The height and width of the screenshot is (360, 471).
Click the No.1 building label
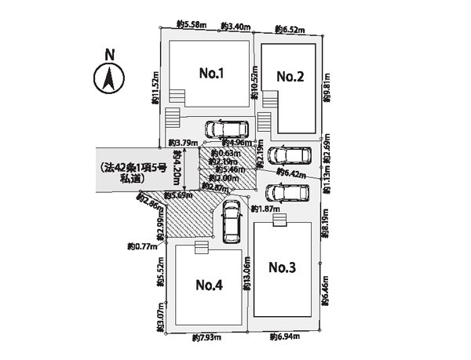pyautogui.click(x=212, y=74)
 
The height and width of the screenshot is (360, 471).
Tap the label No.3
pyautogui.click(x=282, y=267)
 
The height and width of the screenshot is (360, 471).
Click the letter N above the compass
pyautogui.click(x=110, y=55)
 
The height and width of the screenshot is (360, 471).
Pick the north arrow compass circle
pyautogui.click(x=110, y=78)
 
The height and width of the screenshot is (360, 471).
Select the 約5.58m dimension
pyautogui.click(x=192, y=26)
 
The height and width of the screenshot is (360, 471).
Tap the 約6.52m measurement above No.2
pyautogui.click(x=290, y=30)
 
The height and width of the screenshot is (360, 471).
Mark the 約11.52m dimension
pyautogui.click(x=155, y=89)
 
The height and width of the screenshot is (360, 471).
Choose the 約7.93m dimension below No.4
pyautogui.click(x=206, y=338)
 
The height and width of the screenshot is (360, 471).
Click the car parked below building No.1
pyautogui.click(x=226, y=129)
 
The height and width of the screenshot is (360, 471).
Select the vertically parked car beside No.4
pyautogui.click(x=231, y=222)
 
